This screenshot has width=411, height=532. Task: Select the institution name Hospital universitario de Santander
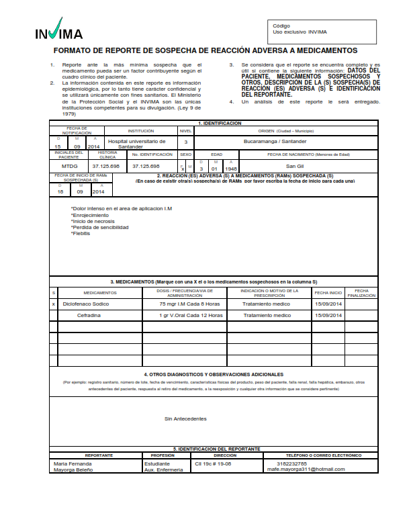(137, 144)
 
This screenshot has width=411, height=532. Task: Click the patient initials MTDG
(69, 165)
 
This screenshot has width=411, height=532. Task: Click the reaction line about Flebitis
(81, 233)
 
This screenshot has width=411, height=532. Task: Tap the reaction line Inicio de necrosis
(93, 221)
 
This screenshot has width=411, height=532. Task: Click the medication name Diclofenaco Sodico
(85, 304)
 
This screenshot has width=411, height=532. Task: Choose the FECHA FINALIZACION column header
(361, 293)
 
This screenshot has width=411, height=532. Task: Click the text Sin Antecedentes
(185, 418)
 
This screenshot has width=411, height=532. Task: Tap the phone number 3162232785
(292, 463)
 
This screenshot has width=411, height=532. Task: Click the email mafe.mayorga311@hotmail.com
(306, 470)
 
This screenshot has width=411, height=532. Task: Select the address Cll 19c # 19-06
(212, 463)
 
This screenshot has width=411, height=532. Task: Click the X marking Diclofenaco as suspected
(53, 304)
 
